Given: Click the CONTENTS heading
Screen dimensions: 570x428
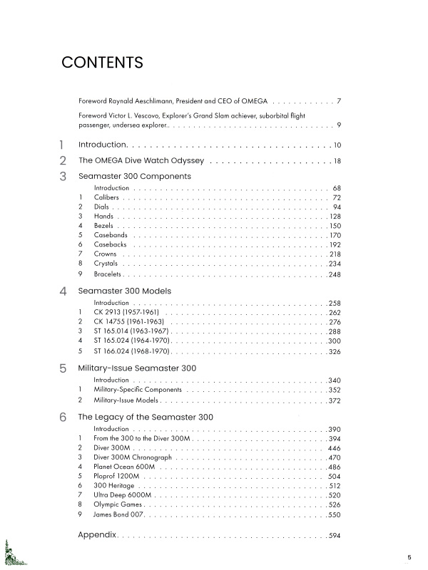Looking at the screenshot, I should (103, 62).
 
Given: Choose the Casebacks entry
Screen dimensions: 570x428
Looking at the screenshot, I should (110, 244).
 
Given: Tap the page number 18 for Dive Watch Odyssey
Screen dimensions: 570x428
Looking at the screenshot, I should (337, 161).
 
